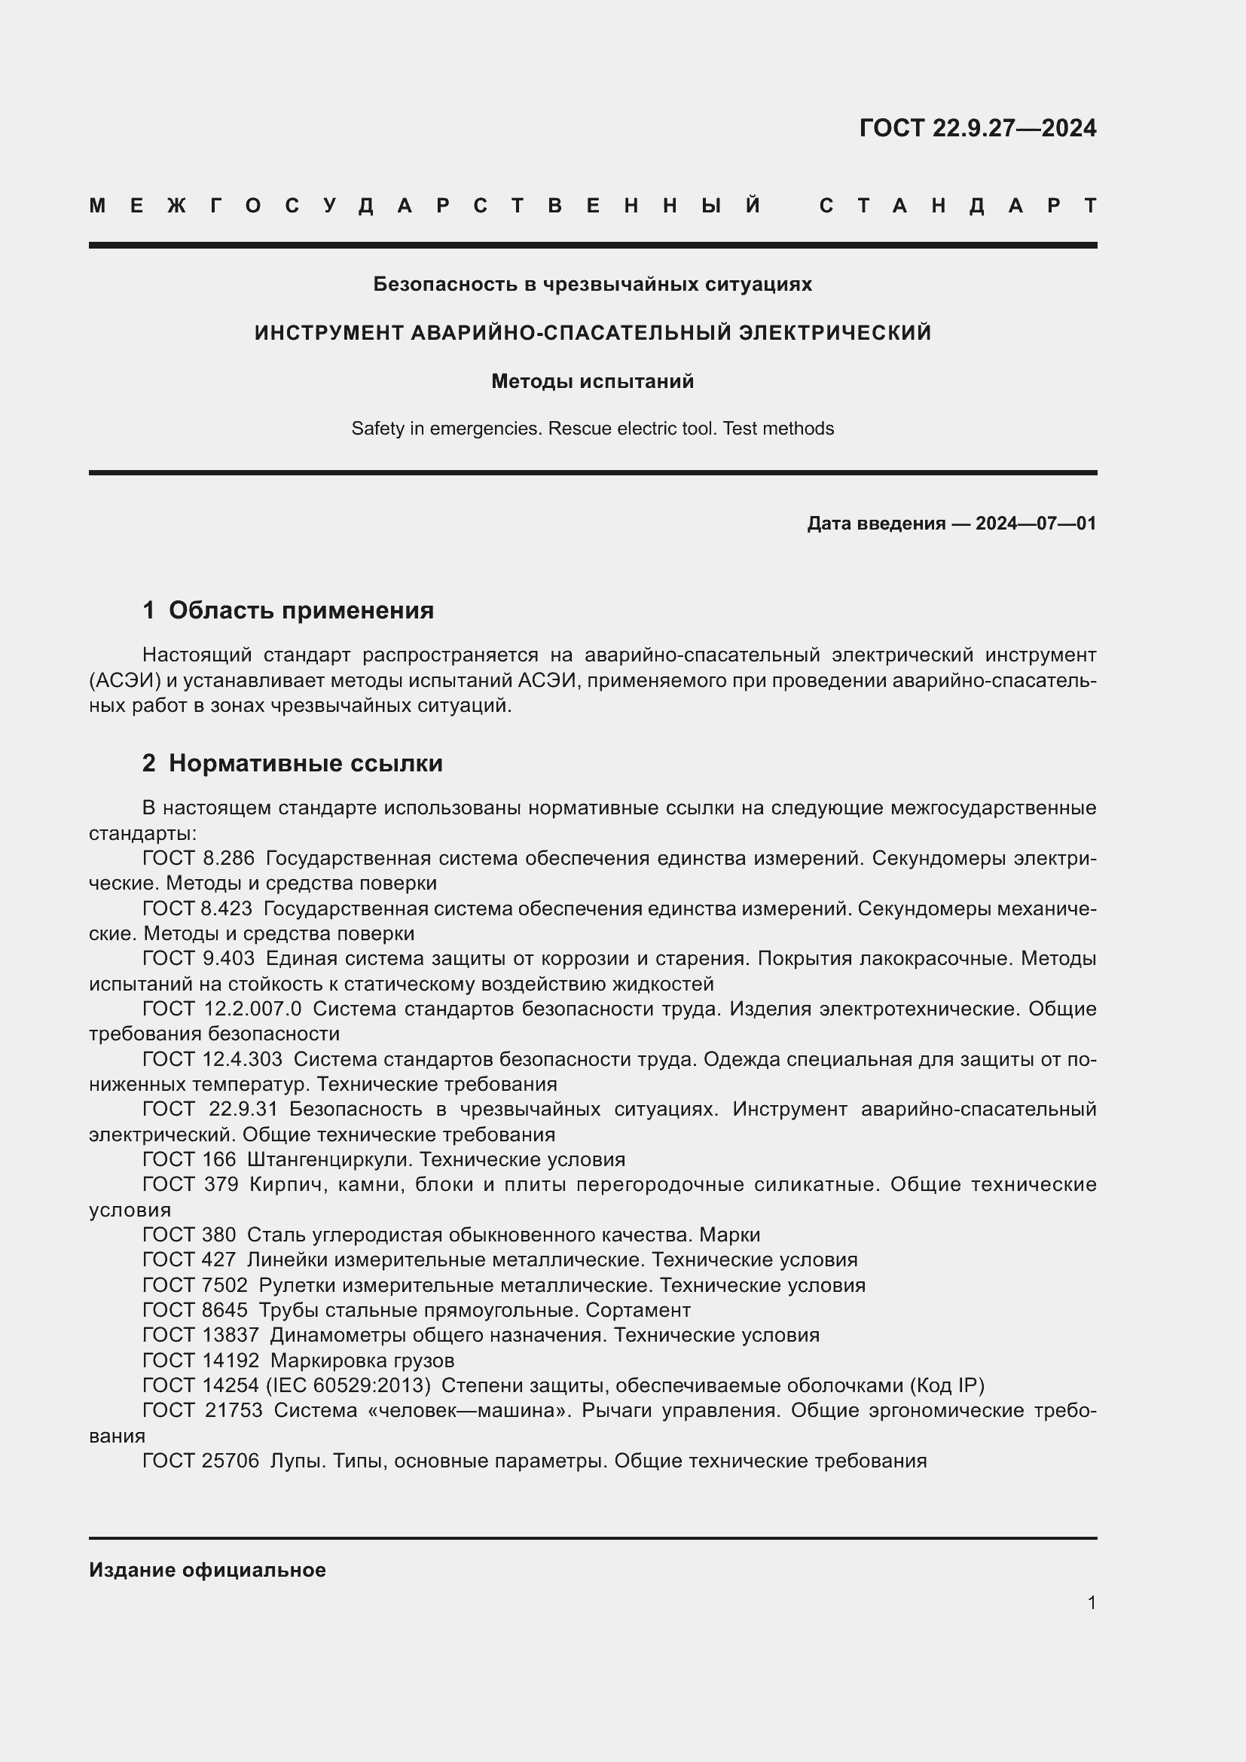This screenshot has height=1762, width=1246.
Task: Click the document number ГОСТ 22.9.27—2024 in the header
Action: pos(977,128)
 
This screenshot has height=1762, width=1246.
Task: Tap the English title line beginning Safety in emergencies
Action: pos(592,428)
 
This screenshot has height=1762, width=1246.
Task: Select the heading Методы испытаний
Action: pos(592,381)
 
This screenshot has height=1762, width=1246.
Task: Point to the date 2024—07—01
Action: pos(1036,524)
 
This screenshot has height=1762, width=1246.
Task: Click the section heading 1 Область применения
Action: pos(288,610)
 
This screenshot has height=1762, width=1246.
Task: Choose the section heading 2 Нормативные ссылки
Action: pos(292,763)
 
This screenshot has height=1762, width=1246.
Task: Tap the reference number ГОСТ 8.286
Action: pos(198,858)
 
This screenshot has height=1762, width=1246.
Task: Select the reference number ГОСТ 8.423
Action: pos(197,908)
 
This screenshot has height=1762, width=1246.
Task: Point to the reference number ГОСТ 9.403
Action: pos(198,958)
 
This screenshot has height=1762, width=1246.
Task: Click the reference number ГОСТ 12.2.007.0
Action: pos(221,1009)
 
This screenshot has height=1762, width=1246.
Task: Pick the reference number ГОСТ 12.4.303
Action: pos(212,1059)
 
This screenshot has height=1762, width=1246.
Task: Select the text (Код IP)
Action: pos(947,1385)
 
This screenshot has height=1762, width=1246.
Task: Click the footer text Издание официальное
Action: pos(207,1570)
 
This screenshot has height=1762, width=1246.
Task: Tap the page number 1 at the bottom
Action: pos(1091,1602)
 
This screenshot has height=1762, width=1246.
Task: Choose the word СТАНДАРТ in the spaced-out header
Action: pos(958,206)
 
